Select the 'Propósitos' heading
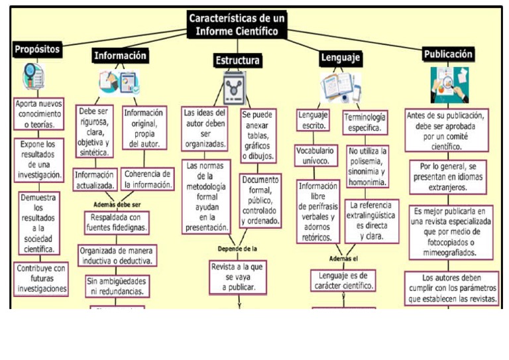pyautogui.click(x=38, y=49)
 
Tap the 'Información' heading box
pyautogui.click(x=120, y=56)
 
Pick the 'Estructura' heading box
pyautogui.click(x=237, y=61)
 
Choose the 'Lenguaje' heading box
pyautogui.click(x=340, y=58)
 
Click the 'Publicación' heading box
pyautogui.click(x=449, y=54)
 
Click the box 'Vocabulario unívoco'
pyautogui.click(x=315, y=156)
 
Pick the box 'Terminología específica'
pyautogui.click(x=365, y=122)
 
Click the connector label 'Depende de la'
pyautogui.click(x=237, y=249)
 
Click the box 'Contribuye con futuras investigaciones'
pyautogui.click(x=41, y=278)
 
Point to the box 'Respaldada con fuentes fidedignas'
pyautogui.click(x=116, y=223)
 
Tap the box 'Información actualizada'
pyautogui.click(x=95, y=180)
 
